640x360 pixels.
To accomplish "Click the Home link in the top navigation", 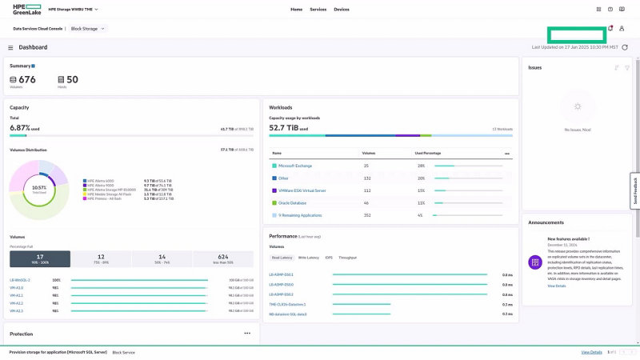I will coord(296,9).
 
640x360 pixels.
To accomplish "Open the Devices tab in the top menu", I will coord(342,9).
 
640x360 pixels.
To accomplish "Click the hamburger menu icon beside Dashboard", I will coord(10,47).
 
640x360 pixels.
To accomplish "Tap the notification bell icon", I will coord(610,29).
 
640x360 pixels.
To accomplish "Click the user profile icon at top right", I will coord(622,29).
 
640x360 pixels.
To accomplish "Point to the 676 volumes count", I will coord(27,79).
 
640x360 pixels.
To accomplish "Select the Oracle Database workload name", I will coord(293,202).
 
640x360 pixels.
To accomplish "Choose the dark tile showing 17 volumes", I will coord(40,258).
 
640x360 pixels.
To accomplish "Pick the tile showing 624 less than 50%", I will coord(222,258).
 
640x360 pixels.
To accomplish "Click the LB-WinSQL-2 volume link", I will coord(20,280).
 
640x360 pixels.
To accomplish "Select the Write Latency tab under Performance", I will coord(308,258).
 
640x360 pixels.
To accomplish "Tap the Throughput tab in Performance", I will coord(348,258).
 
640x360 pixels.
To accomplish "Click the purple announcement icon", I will coord(535,262).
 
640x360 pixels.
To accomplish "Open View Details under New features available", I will coord(556,286).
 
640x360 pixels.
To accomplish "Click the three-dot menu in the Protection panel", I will coord(247,333).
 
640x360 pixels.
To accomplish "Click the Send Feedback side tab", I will coord(635,191).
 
